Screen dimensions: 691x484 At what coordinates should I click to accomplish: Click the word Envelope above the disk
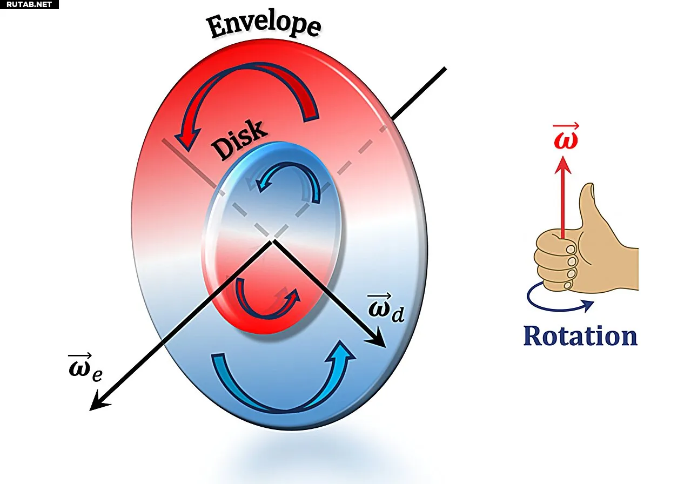264,26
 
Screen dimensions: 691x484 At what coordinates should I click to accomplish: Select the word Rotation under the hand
580,336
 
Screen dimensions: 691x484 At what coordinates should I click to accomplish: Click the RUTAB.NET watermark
29,4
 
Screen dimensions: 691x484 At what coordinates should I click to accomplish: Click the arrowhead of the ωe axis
99,401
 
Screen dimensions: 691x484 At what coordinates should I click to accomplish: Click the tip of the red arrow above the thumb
562,157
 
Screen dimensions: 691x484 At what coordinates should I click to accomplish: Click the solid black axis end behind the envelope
445,69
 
